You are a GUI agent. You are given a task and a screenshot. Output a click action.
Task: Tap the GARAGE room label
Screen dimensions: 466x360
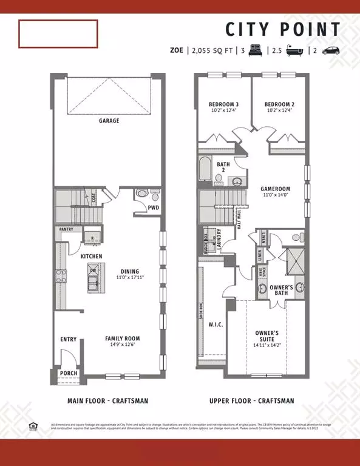coord(109,121)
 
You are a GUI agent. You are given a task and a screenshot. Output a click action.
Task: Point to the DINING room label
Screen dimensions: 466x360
coord(129,271)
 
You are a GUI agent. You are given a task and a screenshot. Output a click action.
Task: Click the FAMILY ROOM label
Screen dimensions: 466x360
coord(123,339)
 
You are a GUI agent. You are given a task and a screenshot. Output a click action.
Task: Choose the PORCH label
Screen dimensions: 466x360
coord(68,373)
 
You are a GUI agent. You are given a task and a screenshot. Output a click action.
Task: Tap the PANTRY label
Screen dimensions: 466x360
coord(66,229)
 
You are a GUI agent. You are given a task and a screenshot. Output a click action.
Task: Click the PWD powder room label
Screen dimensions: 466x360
coord(154,207)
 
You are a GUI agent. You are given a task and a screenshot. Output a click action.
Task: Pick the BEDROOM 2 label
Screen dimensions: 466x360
coord(279,103)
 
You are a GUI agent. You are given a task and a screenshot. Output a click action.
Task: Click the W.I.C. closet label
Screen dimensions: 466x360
coord(216,325)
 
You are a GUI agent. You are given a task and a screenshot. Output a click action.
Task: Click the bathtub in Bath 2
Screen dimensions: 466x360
coord(203,169)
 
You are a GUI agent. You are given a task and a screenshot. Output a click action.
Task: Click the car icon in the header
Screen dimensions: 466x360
coord(330,51)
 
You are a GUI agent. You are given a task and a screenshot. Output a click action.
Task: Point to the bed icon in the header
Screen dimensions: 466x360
coord(252,51)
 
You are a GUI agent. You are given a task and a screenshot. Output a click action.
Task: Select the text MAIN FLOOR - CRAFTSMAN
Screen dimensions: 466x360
coord(107,401)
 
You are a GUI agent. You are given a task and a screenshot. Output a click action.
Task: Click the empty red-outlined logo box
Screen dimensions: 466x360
coord(58,33)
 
